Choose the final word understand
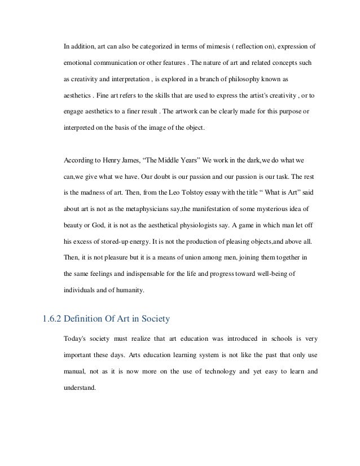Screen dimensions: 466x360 tap(79, 386)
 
